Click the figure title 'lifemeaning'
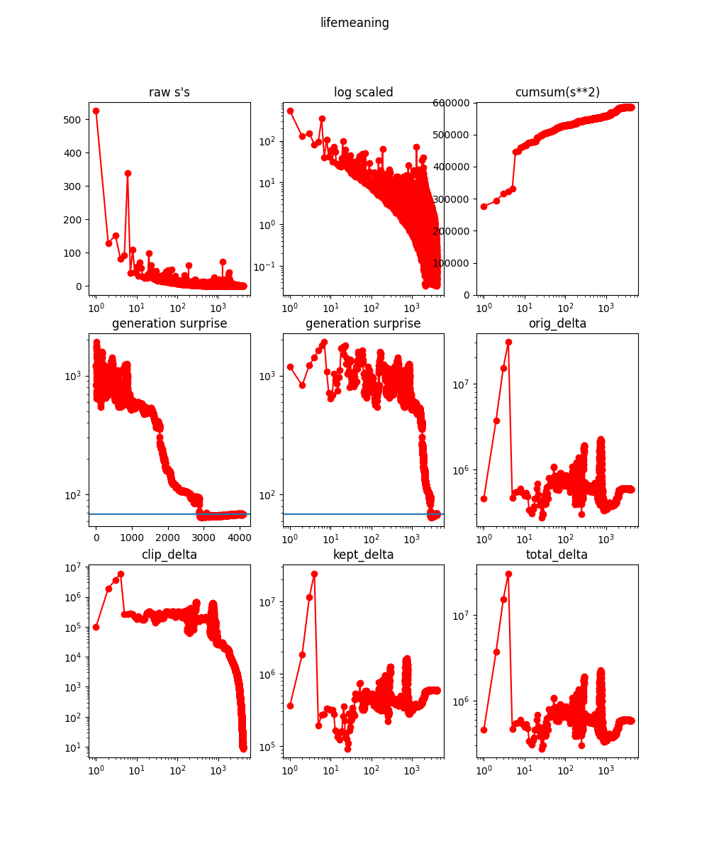pos(354,23)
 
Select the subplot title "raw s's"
pos(169,92)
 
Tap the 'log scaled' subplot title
pos(363,92)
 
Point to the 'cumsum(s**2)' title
pos(557,92)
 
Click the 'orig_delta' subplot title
pos(557,323)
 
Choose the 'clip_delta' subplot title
pos(169,555)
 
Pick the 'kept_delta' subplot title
pos(363,555)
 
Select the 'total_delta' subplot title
pos(557,555)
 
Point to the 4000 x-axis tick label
pos(240,538)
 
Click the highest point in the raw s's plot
pos(96,111)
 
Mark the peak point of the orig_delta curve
pos(508,342)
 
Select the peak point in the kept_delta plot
pos(314,574)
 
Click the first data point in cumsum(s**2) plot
pos(484,206)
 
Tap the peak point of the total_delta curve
pos(508,574)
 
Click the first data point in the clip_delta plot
pos(96,627)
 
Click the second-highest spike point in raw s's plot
pos(128,173)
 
